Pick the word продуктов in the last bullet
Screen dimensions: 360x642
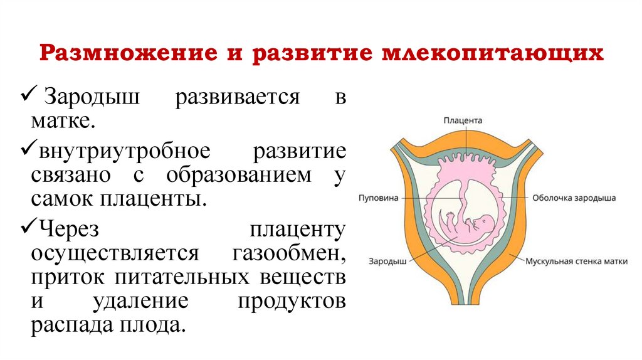[291, 301]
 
